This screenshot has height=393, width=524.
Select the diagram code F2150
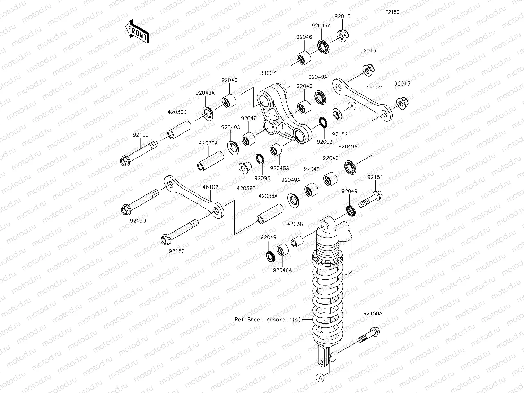392,12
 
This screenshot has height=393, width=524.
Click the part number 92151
375,177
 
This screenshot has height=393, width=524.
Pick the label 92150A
373,313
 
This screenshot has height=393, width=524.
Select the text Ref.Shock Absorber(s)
268,320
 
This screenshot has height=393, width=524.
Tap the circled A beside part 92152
352,106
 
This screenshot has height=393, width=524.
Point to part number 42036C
246,188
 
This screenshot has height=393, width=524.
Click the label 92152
339,134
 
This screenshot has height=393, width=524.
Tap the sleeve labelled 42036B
180,129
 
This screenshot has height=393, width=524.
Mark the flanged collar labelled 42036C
245,168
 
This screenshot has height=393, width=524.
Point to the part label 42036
295,224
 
